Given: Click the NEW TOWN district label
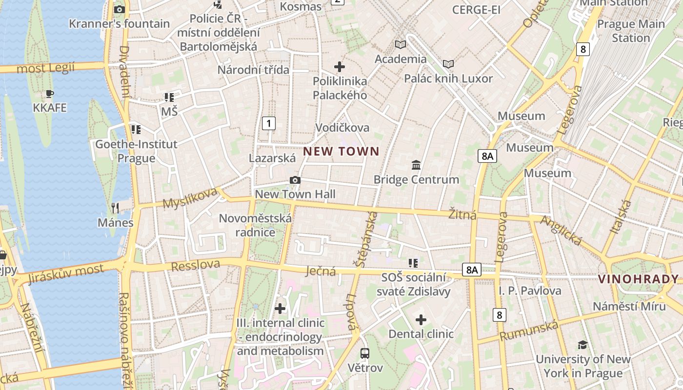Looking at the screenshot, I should coord(341,151).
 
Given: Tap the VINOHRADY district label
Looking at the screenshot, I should coord(638,279).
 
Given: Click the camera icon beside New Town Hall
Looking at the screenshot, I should coord(295,180).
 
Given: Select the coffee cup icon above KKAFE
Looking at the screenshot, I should coord(49,94).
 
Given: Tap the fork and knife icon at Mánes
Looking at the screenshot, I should coord(115,208).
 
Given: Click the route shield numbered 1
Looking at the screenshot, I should coord(268,123).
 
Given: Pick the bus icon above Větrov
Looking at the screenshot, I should coord(364,353).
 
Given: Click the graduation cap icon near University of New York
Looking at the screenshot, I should coord(583,345).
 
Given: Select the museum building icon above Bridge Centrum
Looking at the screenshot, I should coord(416,165).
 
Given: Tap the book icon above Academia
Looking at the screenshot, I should coord(401,45).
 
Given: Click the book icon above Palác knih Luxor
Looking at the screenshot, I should coord(448,64).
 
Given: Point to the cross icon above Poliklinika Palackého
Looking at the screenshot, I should coord(340,66).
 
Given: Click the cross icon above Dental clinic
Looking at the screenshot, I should coord(421,320).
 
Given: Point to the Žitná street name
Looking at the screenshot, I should coord(462,214).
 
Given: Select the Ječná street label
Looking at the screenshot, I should coord(321,271).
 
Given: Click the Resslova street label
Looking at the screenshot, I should coord(196,266).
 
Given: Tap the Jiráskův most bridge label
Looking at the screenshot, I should coord(66,273).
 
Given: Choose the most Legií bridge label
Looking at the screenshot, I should coord(46,67).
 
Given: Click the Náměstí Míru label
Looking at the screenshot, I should coord(629,306).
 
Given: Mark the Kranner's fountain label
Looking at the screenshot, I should coord(120,23).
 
